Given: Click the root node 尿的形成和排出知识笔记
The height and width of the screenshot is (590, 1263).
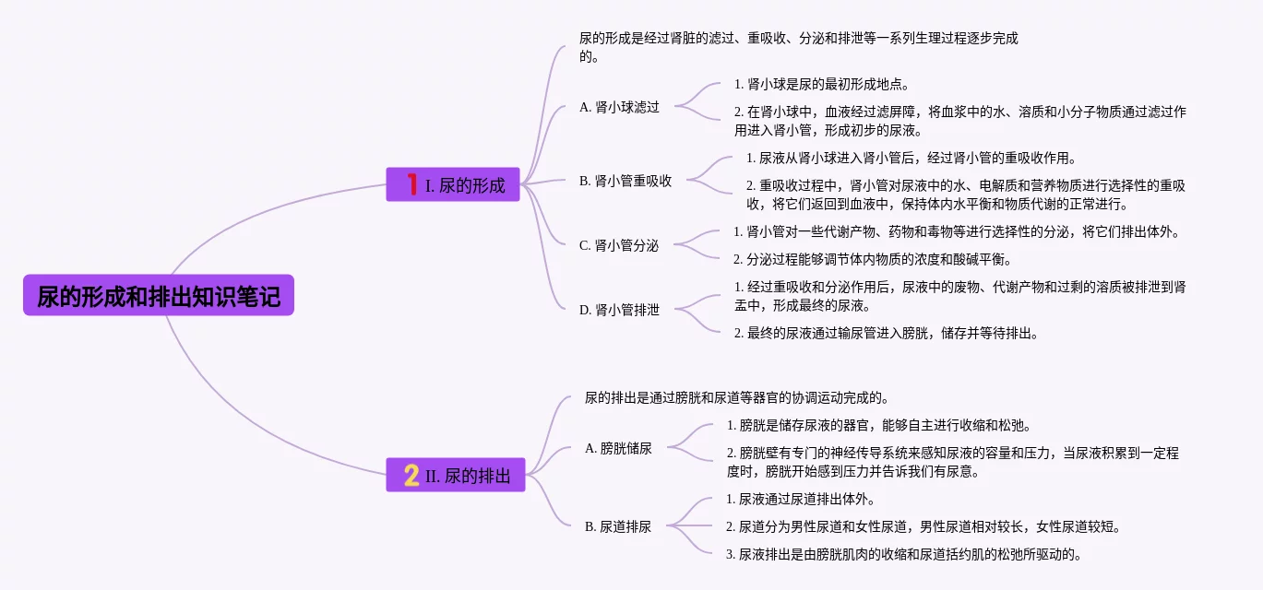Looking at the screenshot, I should [x=159, y=296].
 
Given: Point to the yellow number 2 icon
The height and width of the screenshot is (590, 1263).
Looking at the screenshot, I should [x=411, y=476].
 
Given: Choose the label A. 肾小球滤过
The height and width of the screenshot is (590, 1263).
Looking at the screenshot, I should [x=619, y=107].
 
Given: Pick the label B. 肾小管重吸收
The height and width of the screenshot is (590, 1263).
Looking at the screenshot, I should [x=626, y=181].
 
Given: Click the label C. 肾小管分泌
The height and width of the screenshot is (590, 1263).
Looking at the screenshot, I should [x=619, y=245].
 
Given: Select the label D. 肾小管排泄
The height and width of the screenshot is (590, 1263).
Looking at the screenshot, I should [x=619, y=310].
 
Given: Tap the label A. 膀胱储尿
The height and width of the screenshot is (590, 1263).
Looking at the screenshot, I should [x=618, y=449].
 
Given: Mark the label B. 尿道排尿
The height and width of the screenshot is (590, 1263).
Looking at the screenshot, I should [x=618, y=527].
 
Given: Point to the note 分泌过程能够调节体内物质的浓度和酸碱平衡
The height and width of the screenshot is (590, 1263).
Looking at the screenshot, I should [x=872, y=259].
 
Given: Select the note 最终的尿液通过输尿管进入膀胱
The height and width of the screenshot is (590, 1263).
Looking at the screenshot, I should [x=886, y=334].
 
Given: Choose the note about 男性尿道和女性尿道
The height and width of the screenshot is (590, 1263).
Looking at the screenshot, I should [x=923, y=527].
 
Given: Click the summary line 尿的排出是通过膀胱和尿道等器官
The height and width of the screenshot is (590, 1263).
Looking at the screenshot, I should [x=736, y=398].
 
